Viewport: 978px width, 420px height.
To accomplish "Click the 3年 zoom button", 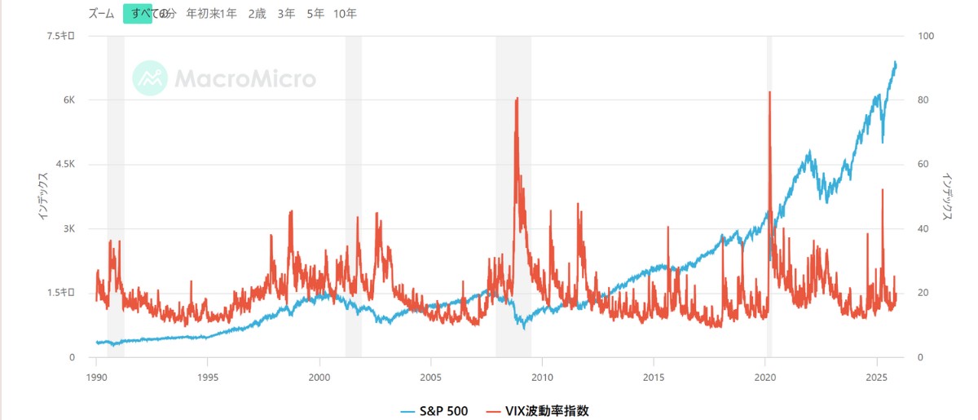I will point(286,14).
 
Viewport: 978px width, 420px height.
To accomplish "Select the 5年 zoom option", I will point(315,14).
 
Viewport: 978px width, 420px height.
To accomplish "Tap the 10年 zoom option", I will point(346,14).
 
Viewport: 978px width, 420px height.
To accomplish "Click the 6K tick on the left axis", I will point(68,100).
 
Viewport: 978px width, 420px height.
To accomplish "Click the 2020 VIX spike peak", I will point(769,92).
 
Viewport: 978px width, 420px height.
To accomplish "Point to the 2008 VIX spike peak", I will point(518,98).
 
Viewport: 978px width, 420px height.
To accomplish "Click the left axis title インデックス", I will point(42,195).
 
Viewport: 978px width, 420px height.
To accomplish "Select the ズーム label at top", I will point(101,14).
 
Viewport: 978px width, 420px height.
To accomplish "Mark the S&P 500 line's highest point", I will point(896,61).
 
